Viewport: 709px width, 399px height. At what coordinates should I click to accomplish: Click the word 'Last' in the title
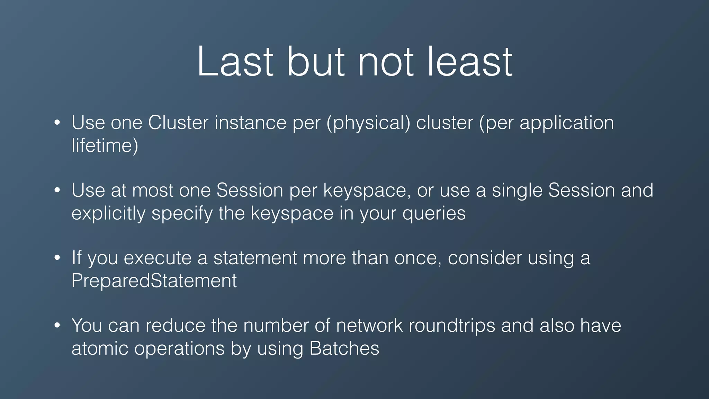[x=235, y=62]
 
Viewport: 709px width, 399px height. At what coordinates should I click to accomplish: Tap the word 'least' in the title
[x=470, y=62]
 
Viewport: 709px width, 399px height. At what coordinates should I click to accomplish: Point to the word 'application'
[x=567, y=123]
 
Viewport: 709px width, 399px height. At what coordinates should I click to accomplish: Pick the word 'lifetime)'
[x=105, y=145]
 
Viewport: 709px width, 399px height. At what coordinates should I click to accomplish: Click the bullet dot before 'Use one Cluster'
[x=57, y=123]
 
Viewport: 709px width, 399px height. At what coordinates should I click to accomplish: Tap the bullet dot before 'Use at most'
[x=57, y=190]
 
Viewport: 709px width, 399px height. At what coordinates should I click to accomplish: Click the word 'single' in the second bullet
[x=517, y=191]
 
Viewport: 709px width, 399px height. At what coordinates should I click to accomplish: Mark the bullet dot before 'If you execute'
[x=57, y=258]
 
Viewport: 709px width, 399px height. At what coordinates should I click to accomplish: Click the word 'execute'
[x=158, y=258]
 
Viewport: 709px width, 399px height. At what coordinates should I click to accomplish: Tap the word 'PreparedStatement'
[x=154, y=281]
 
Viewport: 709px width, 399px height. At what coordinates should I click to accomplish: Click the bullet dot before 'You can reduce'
[x=57, y=326]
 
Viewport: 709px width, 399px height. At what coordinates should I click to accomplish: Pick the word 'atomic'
[x=100, y=348]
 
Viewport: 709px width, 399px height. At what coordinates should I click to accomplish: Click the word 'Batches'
[x=344, y=348]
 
